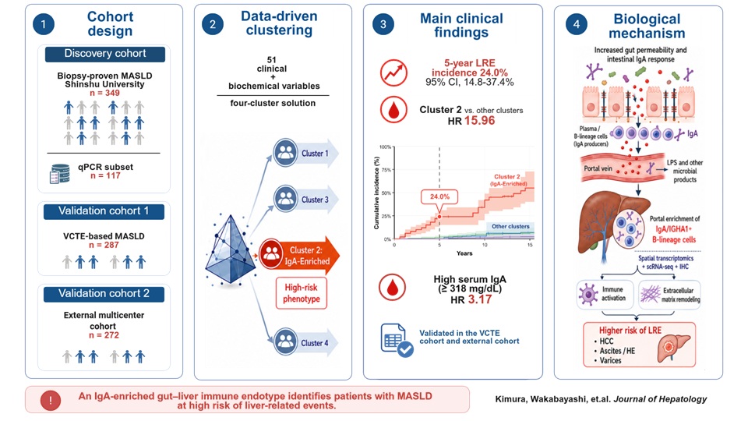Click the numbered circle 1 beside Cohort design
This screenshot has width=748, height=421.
(44, 24)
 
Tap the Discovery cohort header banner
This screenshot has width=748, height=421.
(105, 54)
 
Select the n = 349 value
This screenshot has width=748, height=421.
(105, 93)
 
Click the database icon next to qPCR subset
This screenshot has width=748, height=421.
(60, 174)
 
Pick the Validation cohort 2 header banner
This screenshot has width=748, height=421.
(104, 294)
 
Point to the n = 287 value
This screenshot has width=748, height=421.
(104, 245)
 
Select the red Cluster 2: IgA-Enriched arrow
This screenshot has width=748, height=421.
(299, 256)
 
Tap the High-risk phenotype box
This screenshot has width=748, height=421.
(302, 293)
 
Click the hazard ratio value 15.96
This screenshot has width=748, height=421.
(479, 121)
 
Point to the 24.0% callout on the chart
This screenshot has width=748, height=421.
(439, 196)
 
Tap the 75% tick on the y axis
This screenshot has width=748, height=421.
(386, 170)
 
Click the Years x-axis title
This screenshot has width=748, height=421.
(464, 253)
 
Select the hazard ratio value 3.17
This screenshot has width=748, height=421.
(479, 299)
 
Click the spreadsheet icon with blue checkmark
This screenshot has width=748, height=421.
(397, 341)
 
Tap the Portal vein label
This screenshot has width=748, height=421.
(598, 168)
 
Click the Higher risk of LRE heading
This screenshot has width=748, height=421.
(630, 331)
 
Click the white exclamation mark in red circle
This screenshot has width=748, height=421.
(51, 401)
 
